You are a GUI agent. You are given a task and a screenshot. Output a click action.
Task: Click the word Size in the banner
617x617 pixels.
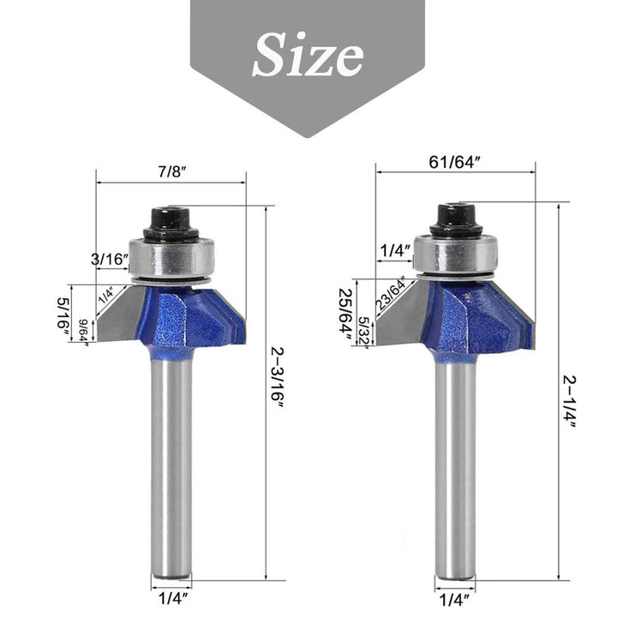pyautogui.click(x=308, y=54)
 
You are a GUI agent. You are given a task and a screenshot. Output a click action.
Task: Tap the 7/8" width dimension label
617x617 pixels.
pyautogui.click(x=172, y=172)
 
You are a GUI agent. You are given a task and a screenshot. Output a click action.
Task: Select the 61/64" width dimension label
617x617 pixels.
pyautogui.click(x=454, y=162)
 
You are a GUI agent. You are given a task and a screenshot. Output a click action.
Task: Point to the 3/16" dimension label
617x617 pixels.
pyautogui.click(x=110, y=260)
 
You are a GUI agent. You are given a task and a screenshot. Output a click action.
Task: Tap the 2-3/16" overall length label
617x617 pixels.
pyautogui.click(x=277, y=378)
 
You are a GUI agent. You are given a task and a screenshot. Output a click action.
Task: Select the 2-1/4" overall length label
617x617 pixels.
pyautogui.click(x=569, y=401)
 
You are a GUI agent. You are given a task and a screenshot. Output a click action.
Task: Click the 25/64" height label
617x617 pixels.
pyautogui.click(x=346, y=317)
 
